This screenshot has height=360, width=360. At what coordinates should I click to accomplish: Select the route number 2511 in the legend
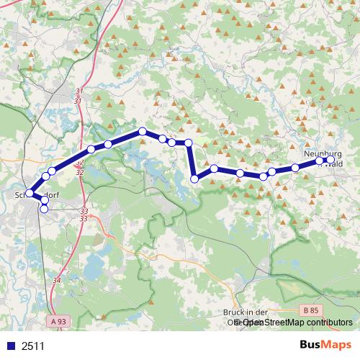click(x=33, y=346)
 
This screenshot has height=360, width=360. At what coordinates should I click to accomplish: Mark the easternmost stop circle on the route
click(x=330, y=160)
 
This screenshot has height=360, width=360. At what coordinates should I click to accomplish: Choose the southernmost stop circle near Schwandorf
click(x=44, y=209)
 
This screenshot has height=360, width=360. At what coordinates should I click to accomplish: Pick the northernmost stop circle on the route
click(x=143, y=132)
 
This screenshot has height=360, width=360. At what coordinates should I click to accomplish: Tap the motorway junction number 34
click(x=58, y=279)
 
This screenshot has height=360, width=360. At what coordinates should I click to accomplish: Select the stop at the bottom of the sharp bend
click(x=194, y=179)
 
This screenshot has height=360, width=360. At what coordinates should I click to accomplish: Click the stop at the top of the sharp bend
click(x=189, y=143)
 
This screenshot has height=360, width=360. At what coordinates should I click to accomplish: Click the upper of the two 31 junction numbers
click(x=78, y=91)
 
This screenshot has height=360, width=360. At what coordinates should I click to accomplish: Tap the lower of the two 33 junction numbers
click(x=84, y=218)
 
